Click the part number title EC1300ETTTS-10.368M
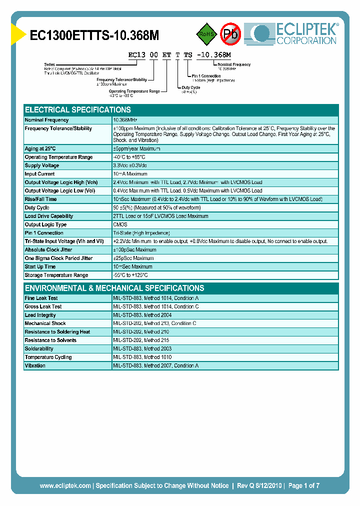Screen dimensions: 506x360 [x=95, y=35]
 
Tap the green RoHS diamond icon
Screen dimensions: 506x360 [x=205, y=34]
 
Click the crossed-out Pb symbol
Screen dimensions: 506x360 [x=231, y=34]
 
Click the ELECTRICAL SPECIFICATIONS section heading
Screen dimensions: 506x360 [x=78, y=110]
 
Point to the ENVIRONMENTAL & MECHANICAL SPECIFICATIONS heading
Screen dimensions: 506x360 [x=114, y=288]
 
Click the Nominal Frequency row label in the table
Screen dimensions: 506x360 [x=47, y=120]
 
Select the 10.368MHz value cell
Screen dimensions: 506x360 [x=125, y=120]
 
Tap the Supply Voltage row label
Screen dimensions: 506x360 [x=42, y=165]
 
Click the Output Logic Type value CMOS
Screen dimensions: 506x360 [x=120, y=224]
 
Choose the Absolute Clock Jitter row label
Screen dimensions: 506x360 [x=48, y=250]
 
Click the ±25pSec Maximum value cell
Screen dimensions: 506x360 [x=134, y=258]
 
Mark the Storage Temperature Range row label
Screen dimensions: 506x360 [x=56, y=275]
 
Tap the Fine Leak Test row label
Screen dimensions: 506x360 [x=41, y=298]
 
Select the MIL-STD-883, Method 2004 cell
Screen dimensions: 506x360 [x=142, y=315]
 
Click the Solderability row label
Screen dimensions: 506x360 [x=39, y=349]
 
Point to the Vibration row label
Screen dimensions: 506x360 [x=35, y=366]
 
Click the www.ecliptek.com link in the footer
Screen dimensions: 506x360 [x=65, y=485]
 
